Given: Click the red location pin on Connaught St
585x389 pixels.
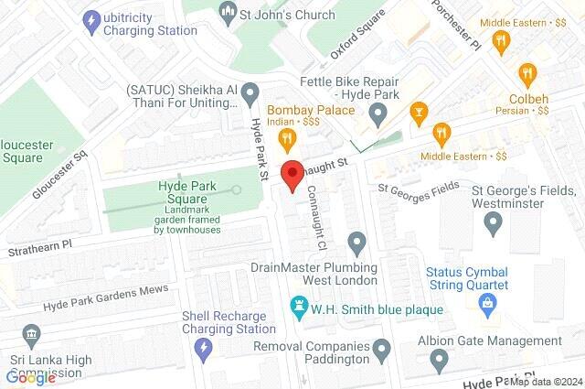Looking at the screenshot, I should [x=292, y=175].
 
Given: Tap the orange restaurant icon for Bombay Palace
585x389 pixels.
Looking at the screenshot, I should [x=286, y=139].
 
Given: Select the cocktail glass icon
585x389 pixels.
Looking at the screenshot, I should [x=419, y=114].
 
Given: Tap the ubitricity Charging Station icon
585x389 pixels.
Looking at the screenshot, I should [x=90, y=18].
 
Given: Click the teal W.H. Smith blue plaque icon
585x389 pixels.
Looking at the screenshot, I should [x=297, y=306].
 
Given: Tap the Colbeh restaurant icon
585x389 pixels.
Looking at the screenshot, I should [x=526, y=72].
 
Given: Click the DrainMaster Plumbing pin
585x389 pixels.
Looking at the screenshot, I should [x=356, y=243].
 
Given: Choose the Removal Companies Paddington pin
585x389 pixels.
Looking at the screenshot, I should [x=382, y=348].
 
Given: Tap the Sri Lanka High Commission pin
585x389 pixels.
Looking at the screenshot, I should [x=31, y=334].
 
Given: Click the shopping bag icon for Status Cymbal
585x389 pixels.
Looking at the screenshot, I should [x=489, y=301].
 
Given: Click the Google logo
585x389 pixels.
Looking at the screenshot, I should [x=31, y=376].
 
